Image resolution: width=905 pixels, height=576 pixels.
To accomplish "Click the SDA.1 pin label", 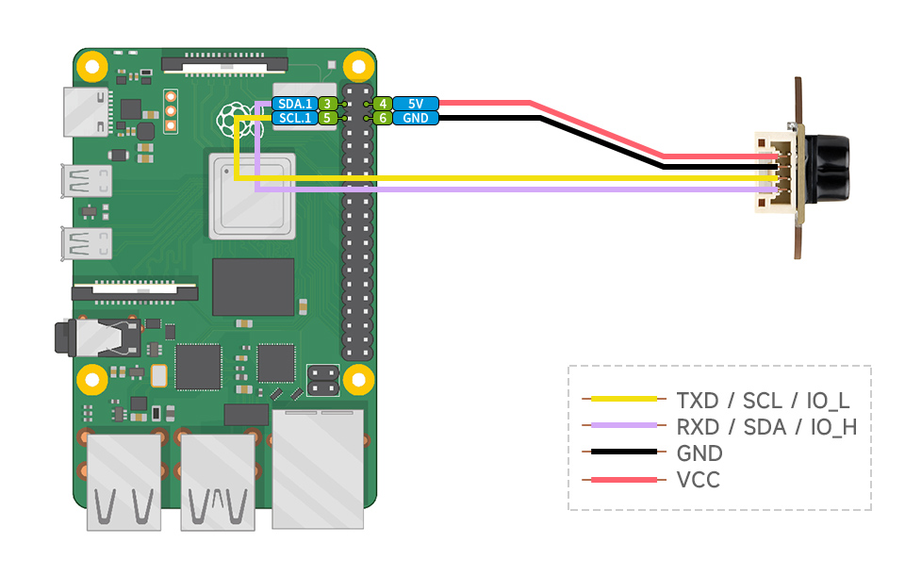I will pos(293,104).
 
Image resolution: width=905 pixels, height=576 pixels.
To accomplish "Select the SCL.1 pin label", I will pos(293,119).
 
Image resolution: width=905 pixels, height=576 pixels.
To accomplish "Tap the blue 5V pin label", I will pos(416,104).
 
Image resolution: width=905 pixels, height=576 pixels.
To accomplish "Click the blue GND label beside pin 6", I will pos(416,119).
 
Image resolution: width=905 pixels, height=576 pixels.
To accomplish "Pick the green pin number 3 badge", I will pos(326,104).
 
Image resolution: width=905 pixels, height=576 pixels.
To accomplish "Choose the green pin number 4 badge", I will pos(382,104).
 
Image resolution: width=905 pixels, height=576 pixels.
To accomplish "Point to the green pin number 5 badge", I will pos(326,119).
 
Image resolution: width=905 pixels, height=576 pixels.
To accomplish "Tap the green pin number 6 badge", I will pos(382,119).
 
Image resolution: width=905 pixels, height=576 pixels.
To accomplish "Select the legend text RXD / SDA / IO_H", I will pos(766,426).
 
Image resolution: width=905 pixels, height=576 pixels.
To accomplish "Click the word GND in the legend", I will pos(699,453).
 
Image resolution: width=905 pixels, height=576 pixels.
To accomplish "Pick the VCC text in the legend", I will pos(698,481).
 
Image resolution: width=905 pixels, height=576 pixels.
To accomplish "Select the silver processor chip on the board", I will pos(250,195).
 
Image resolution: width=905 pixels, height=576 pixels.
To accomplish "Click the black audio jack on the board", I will pos(66,337).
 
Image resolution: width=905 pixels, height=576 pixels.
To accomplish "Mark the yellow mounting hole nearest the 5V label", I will pos(357,67).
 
